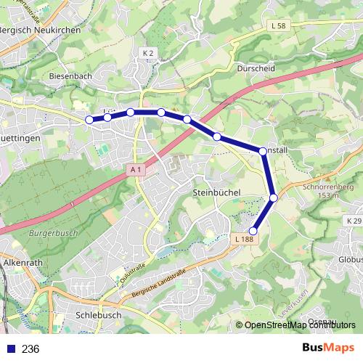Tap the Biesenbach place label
[x=70, y=75]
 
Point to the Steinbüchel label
[x=217, y=192]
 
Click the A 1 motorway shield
[x=135, y=170]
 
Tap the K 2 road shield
[x=149, y=53]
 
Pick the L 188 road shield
[x=245, y=239]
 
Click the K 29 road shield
[x=354, y=221]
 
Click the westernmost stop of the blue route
[x=89, y=120]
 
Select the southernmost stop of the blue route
[x=253, y=232]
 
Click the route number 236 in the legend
[x=30, y=349]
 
